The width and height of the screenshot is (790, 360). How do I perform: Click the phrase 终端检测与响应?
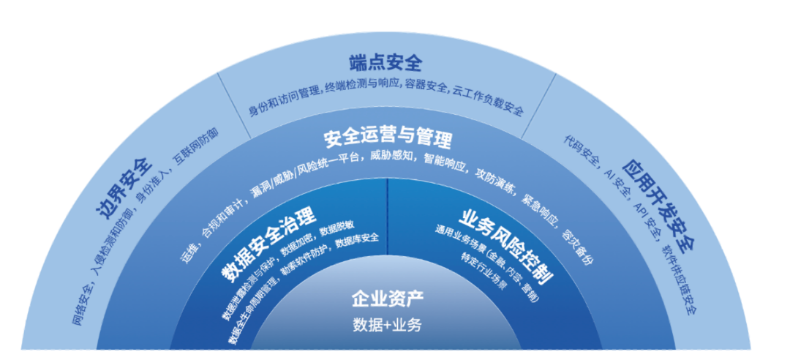pyautogui.click(x=364, y=86)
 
